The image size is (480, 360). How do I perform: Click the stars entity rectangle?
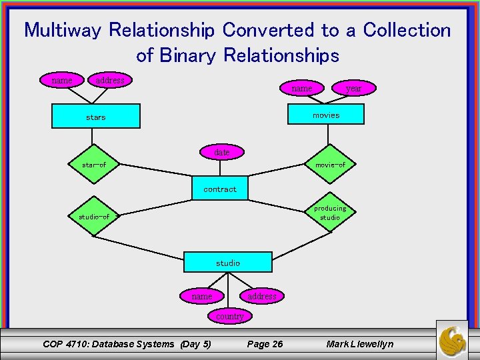coord(97,116)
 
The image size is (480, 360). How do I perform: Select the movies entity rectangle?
coord(326,115)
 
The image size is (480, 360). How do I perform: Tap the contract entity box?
coord(220,189)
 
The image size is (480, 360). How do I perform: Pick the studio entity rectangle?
coord(228,262)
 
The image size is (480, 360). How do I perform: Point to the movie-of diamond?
coord(330,164)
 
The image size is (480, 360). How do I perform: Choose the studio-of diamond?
coord(94,216)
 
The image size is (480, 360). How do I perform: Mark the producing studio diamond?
coord(330,213)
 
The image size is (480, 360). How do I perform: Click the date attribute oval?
coord(221,153)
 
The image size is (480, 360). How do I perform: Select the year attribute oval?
coord(354,88)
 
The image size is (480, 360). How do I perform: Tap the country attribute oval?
coord(230,316)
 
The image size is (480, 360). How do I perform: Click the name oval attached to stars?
coord(62,80)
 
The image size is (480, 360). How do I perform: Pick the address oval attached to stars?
coord(110,80)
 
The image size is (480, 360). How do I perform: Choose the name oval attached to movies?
coord(302,88)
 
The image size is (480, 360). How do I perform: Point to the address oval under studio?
coord(262,295)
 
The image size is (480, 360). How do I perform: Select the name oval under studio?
coord(202,295)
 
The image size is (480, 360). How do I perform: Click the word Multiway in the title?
coord(63,30)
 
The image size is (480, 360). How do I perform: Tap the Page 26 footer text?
coord(265,344)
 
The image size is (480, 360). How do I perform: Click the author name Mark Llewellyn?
coord(360,344)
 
